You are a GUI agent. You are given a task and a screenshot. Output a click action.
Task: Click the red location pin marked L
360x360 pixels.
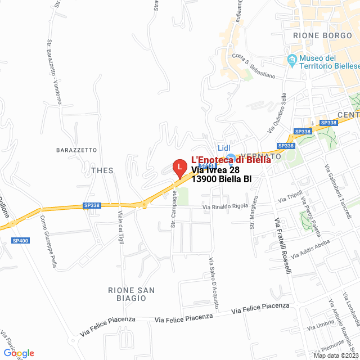(179, 168)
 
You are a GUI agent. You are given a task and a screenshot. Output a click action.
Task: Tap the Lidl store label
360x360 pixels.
(224, 147)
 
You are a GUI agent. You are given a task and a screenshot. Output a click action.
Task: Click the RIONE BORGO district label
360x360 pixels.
(322, 35)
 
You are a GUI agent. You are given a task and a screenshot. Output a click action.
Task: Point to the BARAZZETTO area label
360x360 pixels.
(76, 150)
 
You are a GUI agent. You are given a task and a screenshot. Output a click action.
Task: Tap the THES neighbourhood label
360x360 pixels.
(102, 170)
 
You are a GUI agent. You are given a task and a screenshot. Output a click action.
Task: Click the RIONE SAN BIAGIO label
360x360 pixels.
(132, 294)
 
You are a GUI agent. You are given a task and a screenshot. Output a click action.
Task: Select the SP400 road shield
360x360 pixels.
(20, 240)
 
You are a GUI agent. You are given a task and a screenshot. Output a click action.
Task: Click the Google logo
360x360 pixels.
(19, 353)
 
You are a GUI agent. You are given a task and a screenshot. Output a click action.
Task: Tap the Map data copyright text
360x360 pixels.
(335, 355)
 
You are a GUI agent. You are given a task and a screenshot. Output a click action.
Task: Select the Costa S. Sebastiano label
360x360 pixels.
(254, 66)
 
